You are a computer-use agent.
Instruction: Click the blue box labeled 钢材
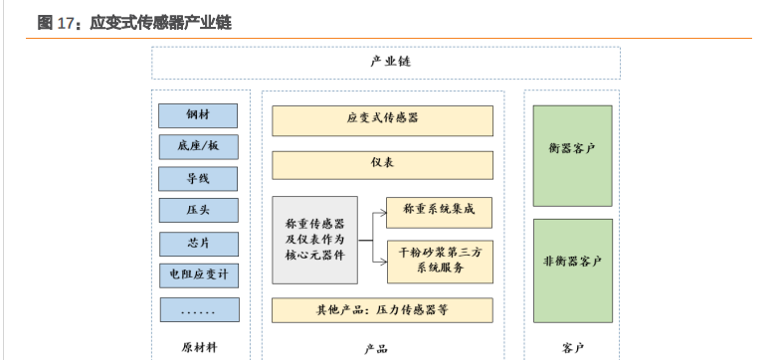pyautogui.click(x=199, y=114)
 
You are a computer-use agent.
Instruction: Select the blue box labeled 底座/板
pyautogui.click(x=199, y=146)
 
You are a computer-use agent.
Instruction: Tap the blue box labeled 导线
pyautogui.click(x=199, y=179)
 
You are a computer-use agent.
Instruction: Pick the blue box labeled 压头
pyautogui.click(x=199, y=211)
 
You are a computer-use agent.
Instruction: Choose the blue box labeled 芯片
pyautogui.click(x=199, y=243)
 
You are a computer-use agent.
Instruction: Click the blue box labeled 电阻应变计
pyautogui.click(x=199, y=275)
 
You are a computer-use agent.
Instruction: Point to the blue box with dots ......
pyautogui.click(x=199, y=310)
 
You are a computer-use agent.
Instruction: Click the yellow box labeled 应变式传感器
pyautogui.click(x=382, y=119)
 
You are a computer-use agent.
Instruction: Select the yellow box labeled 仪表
pyautogui.click(x=382, y=164)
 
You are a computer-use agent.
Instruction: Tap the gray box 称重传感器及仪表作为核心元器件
pyautogui.click(x=314, y=240)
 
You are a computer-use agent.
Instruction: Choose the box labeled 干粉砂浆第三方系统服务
pyautogui.click(x=439, y=261)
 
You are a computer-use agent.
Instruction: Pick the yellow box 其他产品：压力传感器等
pyautogui.click(x=382, y=309)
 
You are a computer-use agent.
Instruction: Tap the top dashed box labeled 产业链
pyautogui.click(x=386, y=63)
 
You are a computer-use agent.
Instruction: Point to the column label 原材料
pyautogui.click(x=199, y=347)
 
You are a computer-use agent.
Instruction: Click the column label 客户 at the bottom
pyautogui.click(x=572, y=347)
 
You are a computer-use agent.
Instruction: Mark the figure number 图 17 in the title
pyautogui.click(x=57, y=22)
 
